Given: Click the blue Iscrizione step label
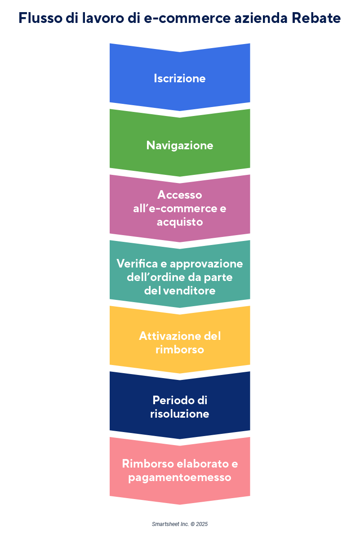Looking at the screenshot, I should tap(180, 78).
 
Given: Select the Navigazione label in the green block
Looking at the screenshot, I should tap(180, 146).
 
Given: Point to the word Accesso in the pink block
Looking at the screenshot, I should tap(180, 195).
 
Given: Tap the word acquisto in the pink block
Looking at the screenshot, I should tap(180, 222).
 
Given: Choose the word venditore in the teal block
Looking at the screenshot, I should tap(192, 290).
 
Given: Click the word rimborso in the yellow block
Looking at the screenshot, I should tap(180, 349).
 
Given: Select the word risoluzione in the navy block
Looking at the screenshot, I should tap(180, 413).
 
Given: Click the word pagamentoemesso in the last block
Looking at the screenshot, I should tap(180, 477).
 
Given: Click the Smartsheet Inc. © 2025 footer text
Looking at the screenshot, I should tap(180, 524).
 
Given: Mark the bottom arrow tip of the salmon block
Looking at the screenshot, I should tap(180, 504).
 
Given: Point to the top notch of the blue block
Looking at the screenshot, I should tap(180, 51).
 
